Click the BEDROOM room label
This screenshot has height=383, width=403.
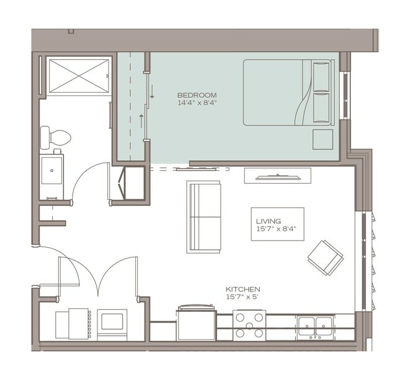[x=197, y=95]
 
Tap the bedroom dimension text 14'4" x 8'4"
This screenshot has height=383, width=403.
[x=198, y=103]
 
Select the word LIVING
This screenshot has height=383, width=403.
[x=268, y=221]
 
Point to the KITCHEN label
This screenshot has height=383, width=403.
[x=243, y=290]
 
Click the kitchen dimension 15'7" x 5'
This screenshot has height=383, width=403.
[x=242, y=297]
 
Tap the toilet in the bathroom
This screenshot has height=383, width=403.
[x=56, y=137]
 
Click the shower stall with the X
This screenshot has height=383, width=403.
[x=79, y=76]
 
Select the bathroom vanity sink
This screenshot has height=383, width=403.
[x=51, y=170]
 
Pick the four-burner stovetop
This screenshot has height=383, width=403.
[x=249, y=325]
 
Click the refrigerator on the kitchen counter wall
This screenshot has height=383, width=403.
[x=197, y=323]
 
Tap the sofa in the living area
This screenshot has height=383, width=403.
[x=203, y=217]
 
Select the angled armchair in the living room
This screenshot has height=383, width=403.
[x=325, y=258]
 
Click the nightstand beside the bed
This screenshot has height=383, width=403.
[x=323, y=139]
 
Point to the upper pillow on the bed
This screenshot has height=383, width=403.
[x=321, y=77]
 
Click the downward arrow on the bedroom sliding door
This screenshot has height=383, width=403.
[x=152, y=92]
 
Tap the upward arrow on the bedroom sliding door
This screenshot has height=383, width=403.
[x=141, y=121]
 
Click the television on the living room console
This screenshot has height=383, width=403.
[x=278, y=177]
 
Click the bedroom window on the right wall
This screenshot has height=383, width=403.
[x=345, y=95]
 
